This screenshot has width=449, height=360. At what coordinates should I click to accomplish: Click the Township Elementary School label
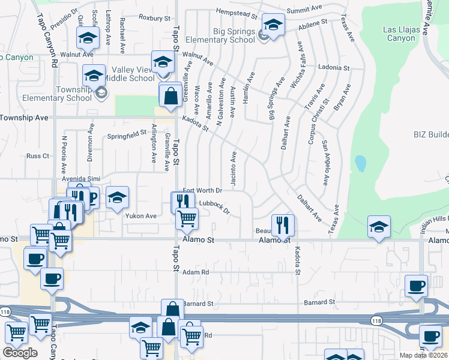49,94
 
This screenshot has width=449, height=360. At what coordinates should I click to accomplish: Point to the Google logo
20,352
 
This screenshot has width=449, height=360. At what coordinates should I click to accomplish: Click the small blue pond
360,163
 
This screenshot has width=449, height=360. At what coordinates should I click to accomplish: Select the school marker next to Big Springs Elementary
273,26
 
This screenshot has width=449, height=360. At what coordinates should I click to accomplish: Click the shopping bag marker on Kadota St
170,95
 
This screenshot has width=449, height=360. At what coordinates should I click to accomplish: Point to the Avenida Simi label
79,179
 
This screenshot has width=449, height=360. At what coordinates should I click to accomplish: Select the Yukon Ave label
140,216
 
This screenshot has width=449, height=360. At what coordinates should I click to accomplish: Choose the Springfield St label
127,135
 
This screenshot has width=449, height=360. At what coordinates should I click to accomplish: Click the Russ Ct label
37,156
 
